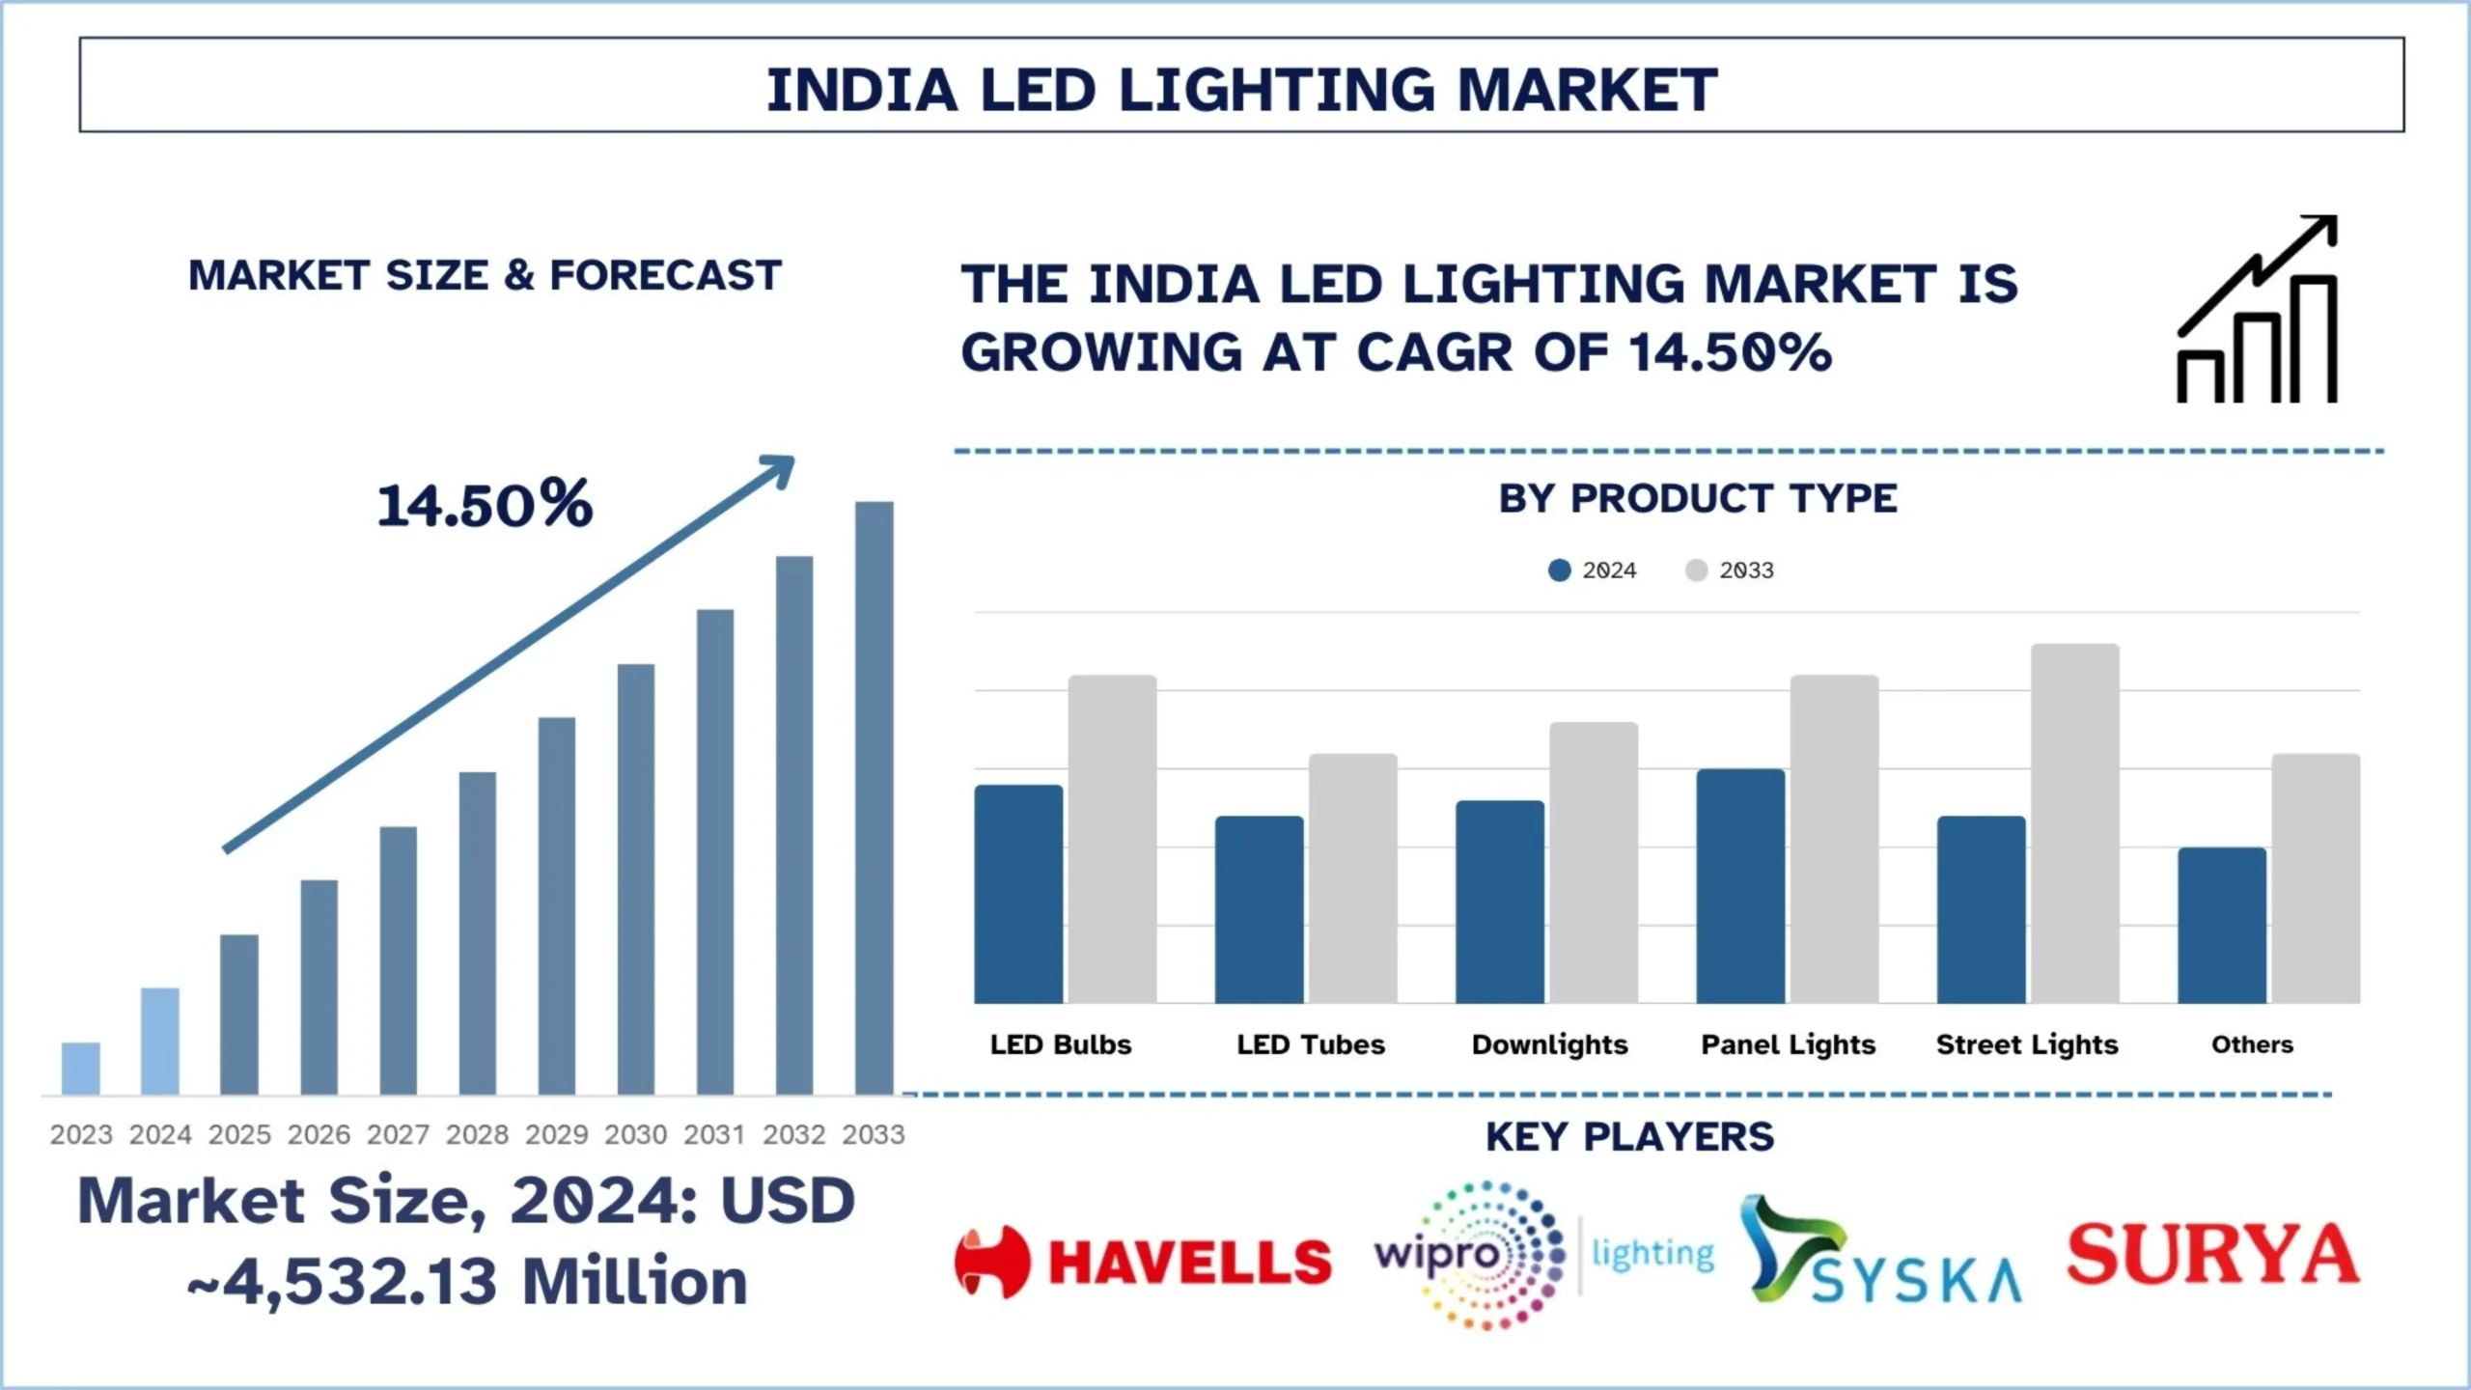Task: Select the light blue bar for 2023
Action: (x=81, y=1069)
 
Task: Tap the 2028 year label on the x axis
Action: (x=477, y=1134)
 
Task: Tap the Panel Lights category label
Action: (x=1788, y=1044)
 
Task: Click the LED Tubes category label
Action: (x=1311, y=1044)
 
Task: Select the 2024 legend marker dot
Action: (x=1559, y=570)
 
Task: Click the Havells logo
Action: (x=1143, y=1262)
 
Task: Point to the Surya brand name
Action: (x=2212, y=1254)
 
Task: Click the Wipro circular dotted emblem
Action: (x=1491, y=1255)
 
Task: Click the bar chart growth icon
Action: (x=2258, y=309)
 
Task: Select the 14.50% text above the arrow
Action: (x=485, y=505)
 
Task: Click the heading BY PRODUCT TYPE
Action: (x=1698, y=499)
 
